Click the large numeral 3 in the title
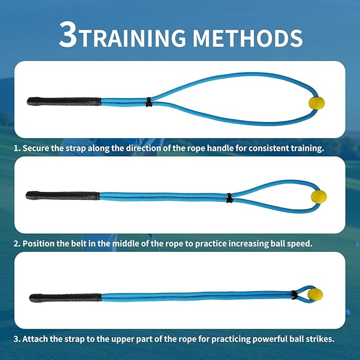click(x=68, y=36)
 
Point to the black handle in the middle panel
click(x=63, y=196)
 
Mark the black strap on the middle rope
click(x=229, y=198)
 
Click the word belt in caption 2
click(x=82, y=244)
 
